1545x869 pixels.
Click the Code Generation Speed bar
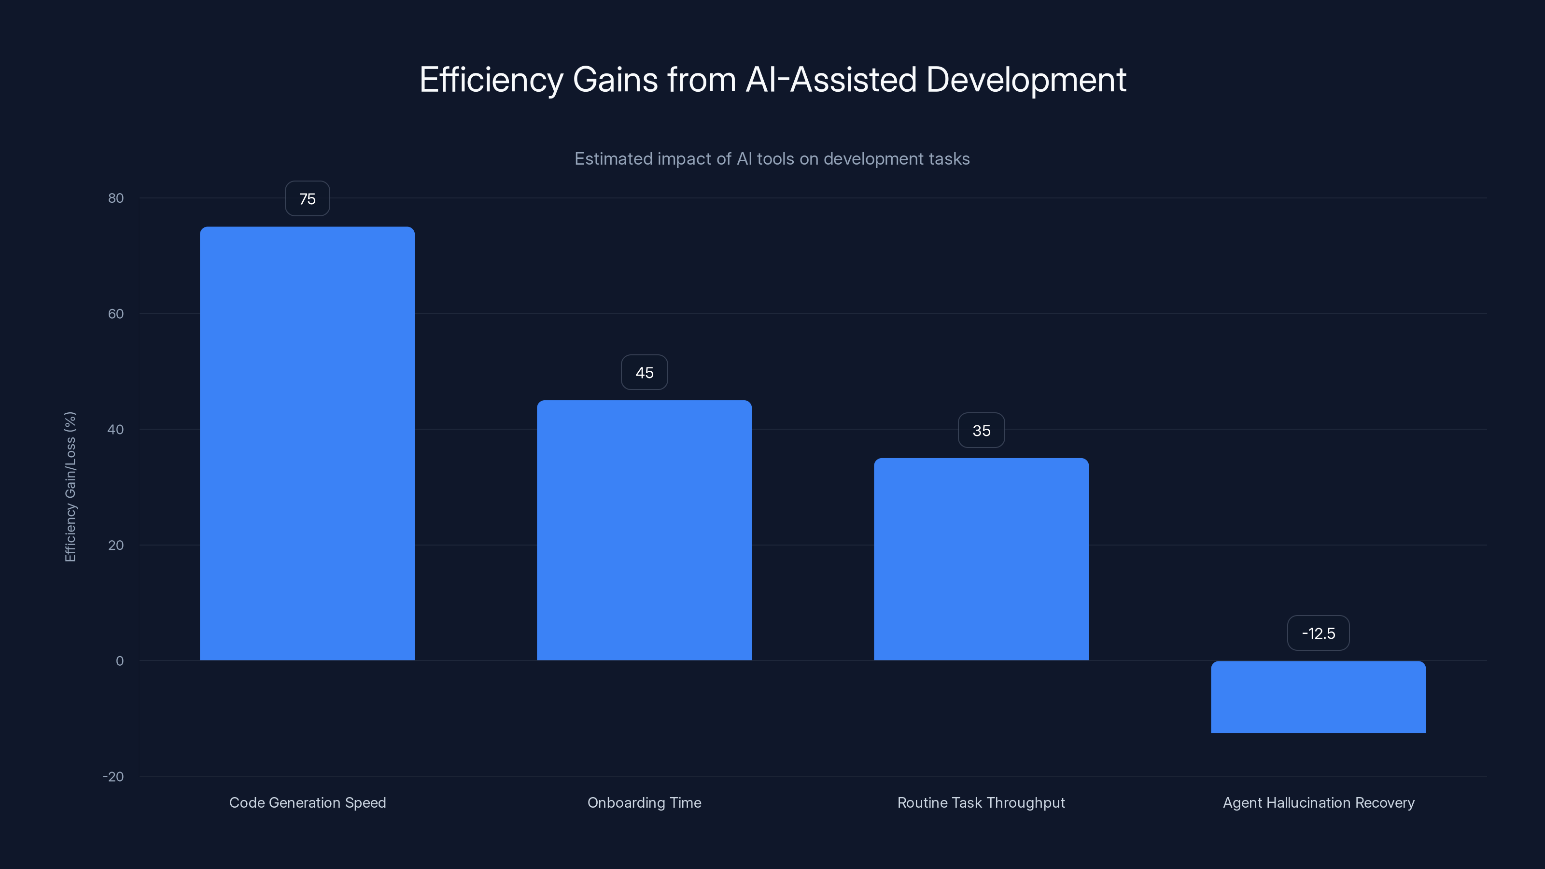[307, 444]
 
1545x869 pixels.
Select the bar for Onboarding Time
[644, 530]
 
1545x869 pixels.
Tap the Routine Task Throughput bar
[981, 559]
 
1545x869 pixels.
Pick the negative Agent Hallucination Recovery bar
[1318, 697]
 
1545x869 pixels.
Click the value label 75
[307, 198]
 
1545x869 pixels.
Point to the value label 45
[644, 372]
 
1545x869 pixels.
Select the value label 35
[981, 431]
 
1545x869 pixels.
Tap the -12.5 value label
[1318, 633]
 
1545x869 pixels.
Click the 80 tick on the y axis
[116, 198]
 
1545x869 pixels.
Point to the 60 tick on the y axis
[116, 314]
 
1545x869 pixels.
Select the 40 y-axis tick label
[116, 429]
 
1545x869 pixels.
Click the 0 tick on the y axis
[119, 661]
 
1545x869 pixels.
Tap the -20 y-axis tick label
[113, 777]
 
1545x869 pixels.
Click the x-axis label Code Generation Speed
[307, 802]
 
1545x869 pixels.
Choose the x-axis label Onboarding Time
[644, 802]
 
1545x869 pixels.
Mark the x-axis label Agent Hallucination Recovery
[1318, 802]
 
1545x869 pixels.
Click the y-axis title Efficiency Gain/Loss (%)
[70, 486]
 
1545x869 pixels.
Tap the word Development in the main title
[1025, 80]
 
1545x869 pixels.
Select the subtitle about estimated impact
[772, 159]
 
